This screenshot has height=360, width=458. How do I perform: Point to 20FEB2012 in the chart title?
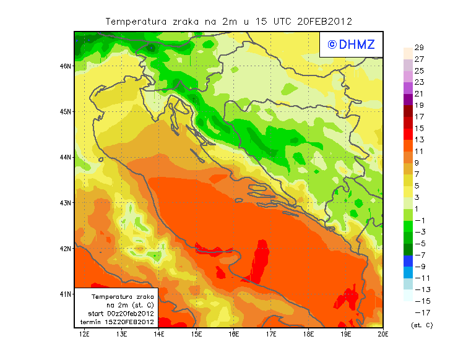(324, 21)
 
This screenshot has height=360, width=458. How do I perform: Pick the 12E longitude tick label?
(85, 334)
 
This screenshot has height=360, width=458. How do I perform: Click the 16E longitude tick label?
(233, 334)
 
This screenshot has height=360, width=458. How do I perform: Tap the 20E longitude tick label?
(383, 334)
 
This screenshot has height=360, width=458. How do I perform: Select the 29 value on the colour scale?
(418, 48)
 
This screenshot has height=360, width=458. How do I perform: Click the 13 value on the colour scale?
(418, 140)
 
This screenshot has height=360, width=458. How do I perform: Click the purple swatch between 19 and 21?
(407, 100)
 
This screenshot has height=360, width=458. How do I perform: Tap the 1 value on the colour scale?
(418, 209)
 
